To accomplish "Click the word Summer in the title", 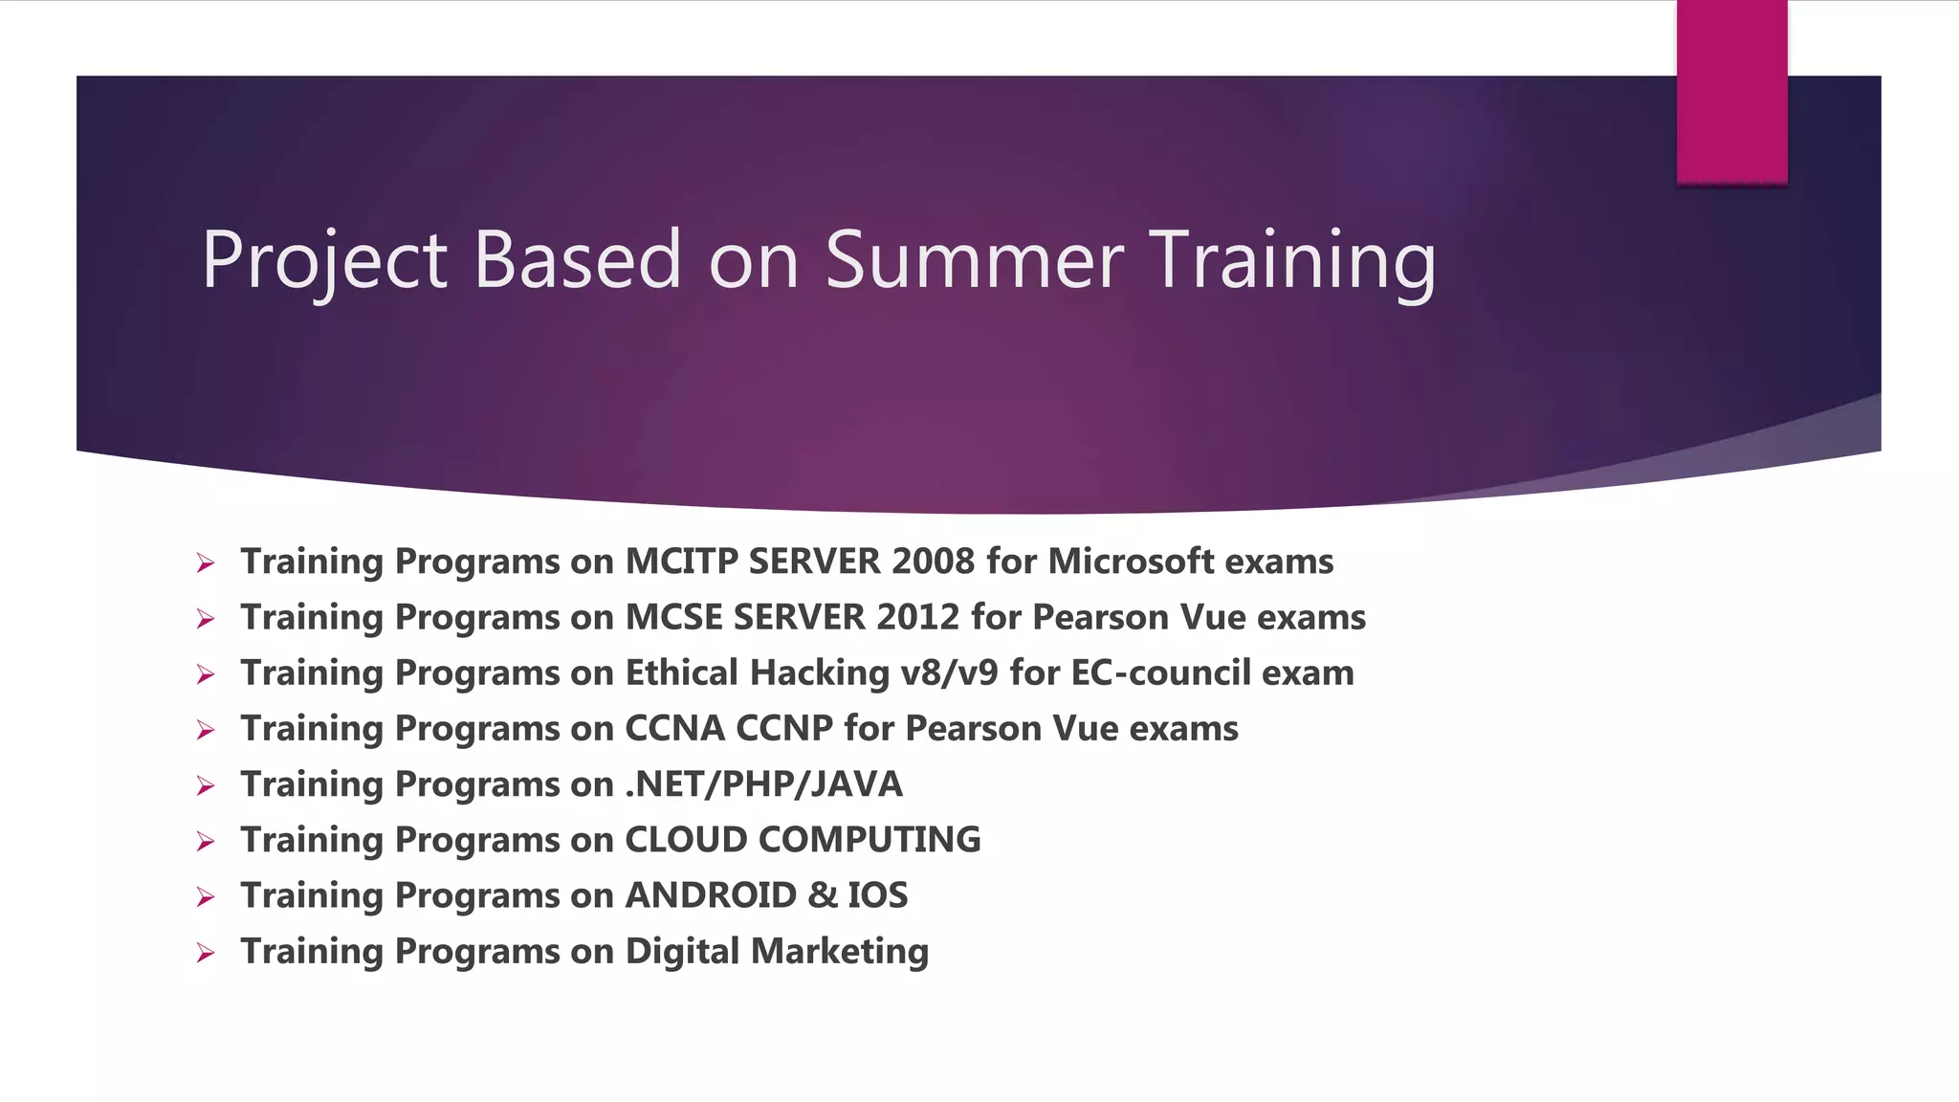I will click(x=974, y=260).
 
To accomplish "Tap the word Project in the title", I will click(x=323, y=260).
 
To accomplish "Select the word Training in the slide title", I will click(x=1295, y=260).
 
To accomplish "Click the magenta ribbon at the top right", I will click(x=1731, y=91).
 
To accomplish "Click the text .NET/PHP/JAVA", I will click(x=763, y=784).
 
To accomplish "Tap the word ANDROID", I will click(x=711, y=895).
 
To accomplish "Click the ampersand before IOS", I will click(x=822, y=895).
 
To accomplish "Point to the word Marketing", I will click(x=839, y=951).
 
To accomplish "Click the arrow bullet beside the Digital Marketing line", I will click(x=205, y=953).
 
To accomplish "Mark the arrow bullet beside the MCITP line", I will click(x=205, y=563).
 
